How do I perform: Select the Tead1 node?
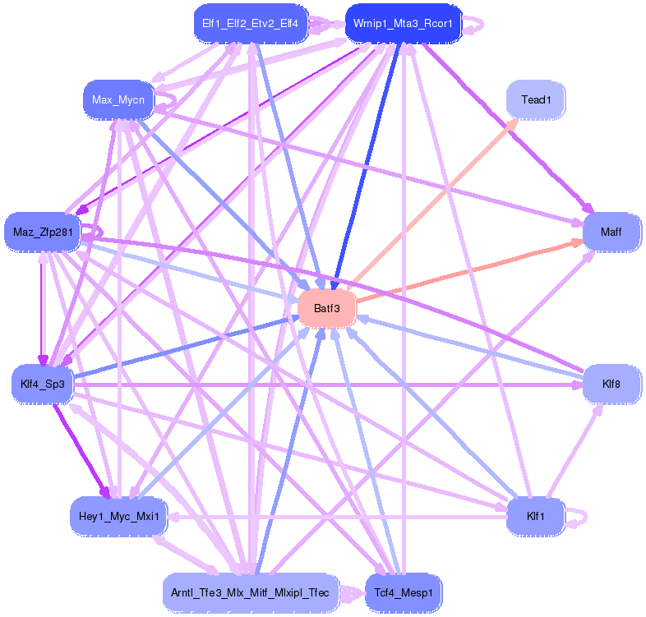[x=535, y=100]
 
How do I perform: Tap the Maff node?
[x=611, y=232]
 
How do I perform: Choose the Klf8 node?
[x=611, y=384]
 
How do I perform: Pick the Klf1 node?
[x=535, y=516]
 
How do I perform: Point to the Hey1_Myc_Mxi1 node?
[x=119, y=516]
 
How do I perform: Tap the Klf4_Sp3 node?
[x=43, y=384]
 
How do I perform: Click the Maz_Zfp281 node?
[x=43, y=232]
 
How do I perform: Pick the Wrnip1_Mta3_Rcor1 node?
[x=404, y=24]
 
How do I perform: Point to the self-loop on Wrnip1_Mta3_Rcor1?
[x=475, y=25]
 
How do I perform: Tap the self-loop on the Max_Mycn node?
[x=167, y=99]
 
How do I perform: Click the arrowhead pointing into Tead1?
[x=511, y=122]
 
